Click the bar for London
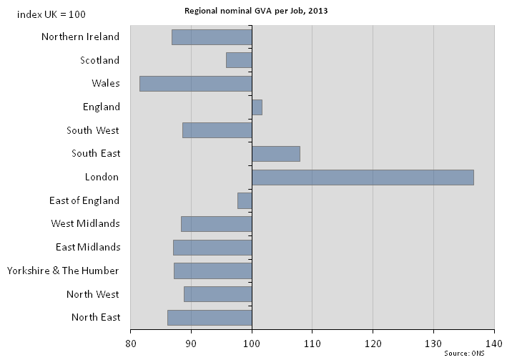point(363,177)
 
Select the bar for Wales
point(195,83)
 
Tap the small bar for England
point(257,107)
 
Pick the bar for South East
point(276,154)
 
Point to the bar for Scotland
point(239,60)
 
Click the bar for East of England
point(245,200)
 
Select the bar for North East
point(210,317)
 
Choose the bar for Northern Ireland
point(212,37)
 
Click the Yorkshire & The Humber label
point(63,271)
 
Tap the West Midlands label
point(85,223)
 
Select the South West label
point(93,130)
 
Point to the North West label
point(93,294)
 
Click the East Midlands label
point(87,247)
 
